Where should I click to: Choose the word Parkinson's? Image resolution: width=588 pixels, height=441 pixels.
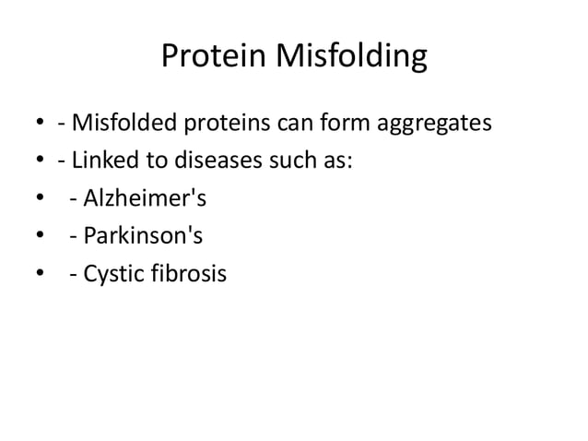[143, 235]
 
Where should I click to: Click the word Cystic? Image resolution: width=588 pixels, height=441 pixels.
[112, 274]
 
